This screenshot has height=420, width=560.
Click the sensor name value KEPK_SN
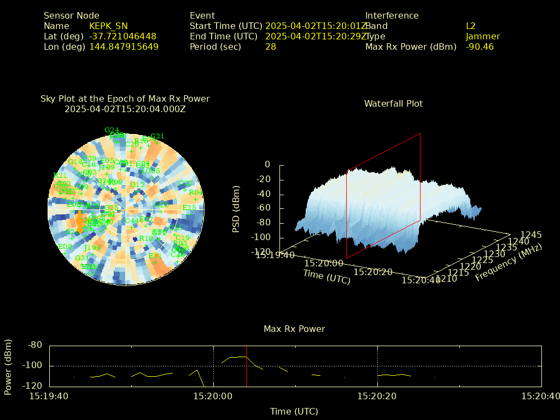tap(108, 26)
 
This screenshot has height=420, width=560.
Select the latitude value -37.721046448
tap(122, 37)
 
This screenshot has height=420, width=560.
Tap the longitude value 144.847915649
tap(124, 47)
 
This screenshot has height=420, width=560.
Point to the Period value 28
tap(271, 47)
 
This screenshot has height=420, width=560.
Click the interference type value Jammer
tap(483, 37)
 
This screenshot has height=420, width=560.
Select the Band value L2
tap(471, 26)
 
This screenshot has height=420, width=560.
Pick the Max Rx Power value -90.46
tap(480, 47)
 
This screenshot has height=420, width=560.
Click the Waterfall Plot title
tap(393, 103)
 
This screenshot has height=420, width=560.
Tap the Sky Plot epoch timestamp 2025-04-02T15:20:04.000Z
tap(125, 109)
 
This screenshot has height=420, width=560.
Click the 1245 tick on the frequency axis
tap(531, 235)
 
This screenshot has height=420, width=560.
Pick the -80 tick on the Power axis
tap(36, 346)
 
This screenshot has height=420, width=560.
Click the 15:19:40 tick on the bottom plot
tap(49, 395)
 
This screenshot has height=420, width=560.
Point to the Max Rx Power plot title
tap(294, 329)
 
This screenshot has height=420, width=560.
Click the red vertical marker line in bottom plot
tap(247, 366)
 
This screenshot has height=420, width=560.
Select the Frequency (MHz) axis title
tap(509, 262)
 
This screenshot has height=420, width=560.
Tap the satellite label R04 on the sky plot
tap(196, 192)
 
